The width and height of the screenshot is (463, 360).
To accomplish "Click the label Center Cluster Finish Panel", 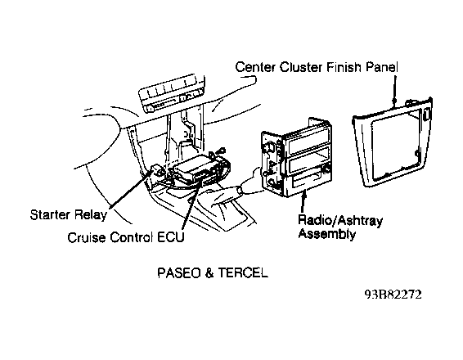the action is tap(317, 67).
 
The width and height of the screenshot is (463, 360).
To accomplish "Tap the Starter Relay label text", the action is tap(68, 214).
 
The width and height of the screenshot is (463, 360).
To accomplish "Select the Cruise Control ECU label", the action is tap(126, 237).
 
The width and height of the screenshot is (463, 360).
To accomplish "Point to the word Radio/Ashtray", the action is tap(340, 220).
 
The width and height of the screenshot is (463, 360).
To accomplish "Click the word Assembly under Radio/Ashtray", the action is tap(327, 234).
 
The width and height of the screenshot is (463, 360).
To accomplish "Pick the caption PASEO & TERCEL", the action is tap(213, 272).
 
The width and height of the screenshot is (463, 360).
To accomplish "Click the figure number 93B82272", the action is tap(393, 295).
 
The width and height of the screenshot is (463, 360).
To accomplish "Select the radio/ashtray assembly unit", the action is tap(297, 158).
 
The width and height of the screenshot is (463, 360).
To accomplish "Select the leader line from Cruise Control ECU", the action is tap(192, 205).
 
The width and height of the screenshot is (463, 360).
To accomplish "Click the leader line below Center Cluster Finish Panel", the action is tap(395, 90).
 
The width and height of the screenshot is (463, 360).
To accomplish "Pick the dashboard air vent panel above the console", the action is tap(172, 93).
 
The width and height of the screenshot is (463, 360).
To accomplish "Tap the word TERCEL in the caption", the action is tap(243, 272).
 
